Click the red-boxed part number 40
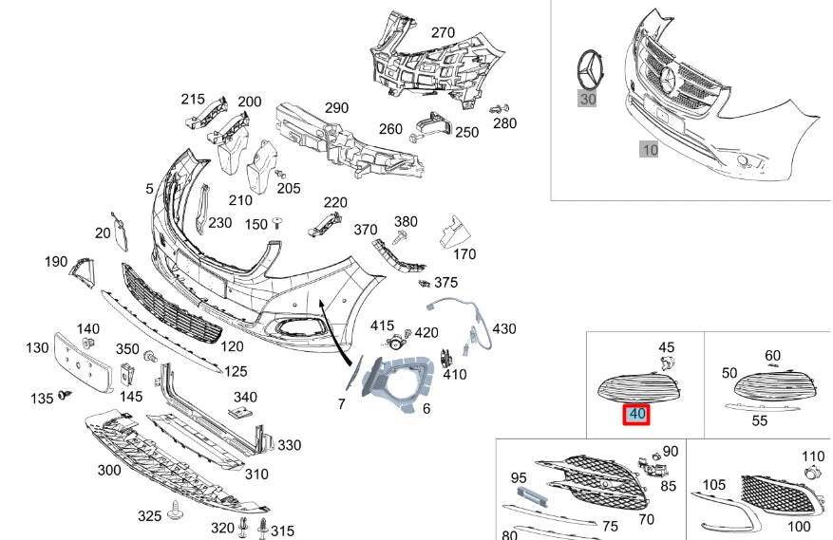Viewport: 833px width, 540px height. [x=636, y=415]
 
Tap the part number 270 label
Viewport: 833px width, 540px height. [x=443, y=32]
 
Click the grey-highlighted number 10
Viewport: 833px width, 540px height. [x=650, y=149]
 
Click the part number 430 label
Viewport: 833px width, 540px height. [x=503, y=328]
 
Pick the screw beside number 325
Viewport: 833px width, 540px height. [x=175, y=513]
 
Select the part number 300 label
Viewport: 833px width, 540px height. [x=108, y=470]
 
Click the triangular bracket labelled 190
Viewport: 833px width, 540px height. [x=81, y=272]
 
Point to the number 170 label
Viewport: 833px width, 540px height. [x=464, y=254]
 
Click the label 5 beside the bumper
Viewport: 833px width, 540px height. [x=149, y=189]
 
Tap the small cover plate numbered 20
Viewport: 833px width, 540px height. [x=121, y=230]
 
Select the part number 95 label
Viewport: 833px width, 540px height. [x=519, y=477]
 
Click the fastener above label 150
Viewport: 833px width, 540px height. [x=276, y=221]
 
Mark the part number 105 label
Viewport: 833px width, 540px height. [x=714, y=486]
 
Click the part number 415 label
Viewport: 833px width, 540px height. [x=382, y=326]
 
